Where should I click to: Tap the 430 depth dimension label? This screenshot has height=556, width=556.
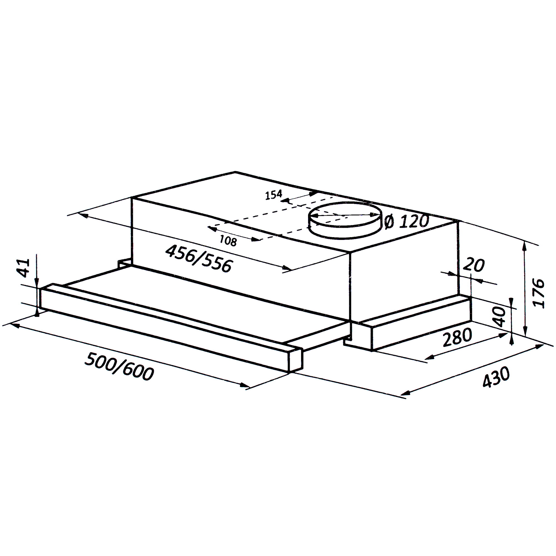click(x=496, y=377)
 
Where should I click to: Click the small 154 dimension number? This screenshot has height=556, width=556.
click(x=273, y=195)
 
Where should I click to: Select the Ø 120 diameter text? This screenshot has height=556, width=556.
click(x=406, y=222)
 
